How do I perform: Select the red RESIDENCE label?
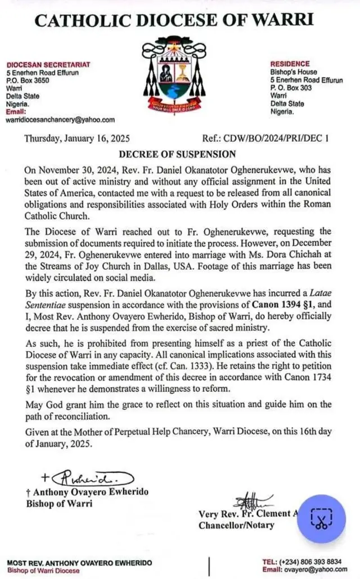290,64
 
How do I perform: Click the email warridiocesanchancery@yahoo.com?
60,120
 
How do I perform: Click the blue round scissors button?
321,518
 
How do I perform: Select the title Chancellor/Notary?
236,525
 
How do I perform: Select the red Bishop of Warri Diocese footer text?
43,571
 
